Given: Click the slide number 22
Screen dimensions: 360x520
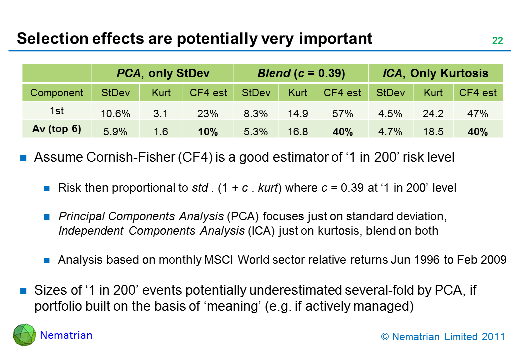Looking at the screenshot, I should [497, 41].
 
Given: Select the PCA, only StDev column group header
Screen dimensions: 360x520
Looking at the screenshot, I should [163, 74].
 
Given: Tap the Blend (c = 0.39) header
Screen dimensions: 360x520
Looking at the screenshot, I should [301, 74].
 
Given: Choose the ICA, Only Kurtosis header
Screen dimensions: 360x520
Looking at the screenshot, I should [435, 74].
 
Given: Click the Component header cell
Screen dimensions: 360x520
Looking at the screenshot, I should [57, 93].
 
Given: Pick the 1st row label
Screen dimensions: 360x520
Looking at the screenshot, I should [57, 110].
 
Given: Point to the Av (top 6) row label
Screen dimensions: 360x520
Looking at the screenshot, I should [57, 128].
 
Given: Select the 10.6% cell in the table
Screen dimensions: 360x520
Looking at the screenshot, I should [116, 114].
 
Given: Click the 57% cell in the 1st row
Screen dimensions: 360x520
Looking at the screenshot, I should [342, 114].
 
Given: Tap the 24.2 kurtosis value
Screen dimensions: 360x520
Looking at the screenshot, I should [433, 114].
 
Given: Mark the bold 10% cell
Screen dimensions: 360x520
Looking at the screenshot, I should [207, 133].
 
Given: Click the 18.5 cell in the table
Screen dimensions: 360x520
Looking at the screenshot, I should [433, 133].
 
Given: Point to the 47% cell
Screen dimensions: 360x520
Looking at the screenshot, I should [478, 114].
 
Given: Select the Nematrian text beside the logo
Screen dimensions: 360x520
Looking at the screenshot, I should [66, 335].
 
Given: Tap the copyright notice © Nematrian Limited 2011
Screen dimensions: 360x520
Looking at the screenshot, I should [443, 337].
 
